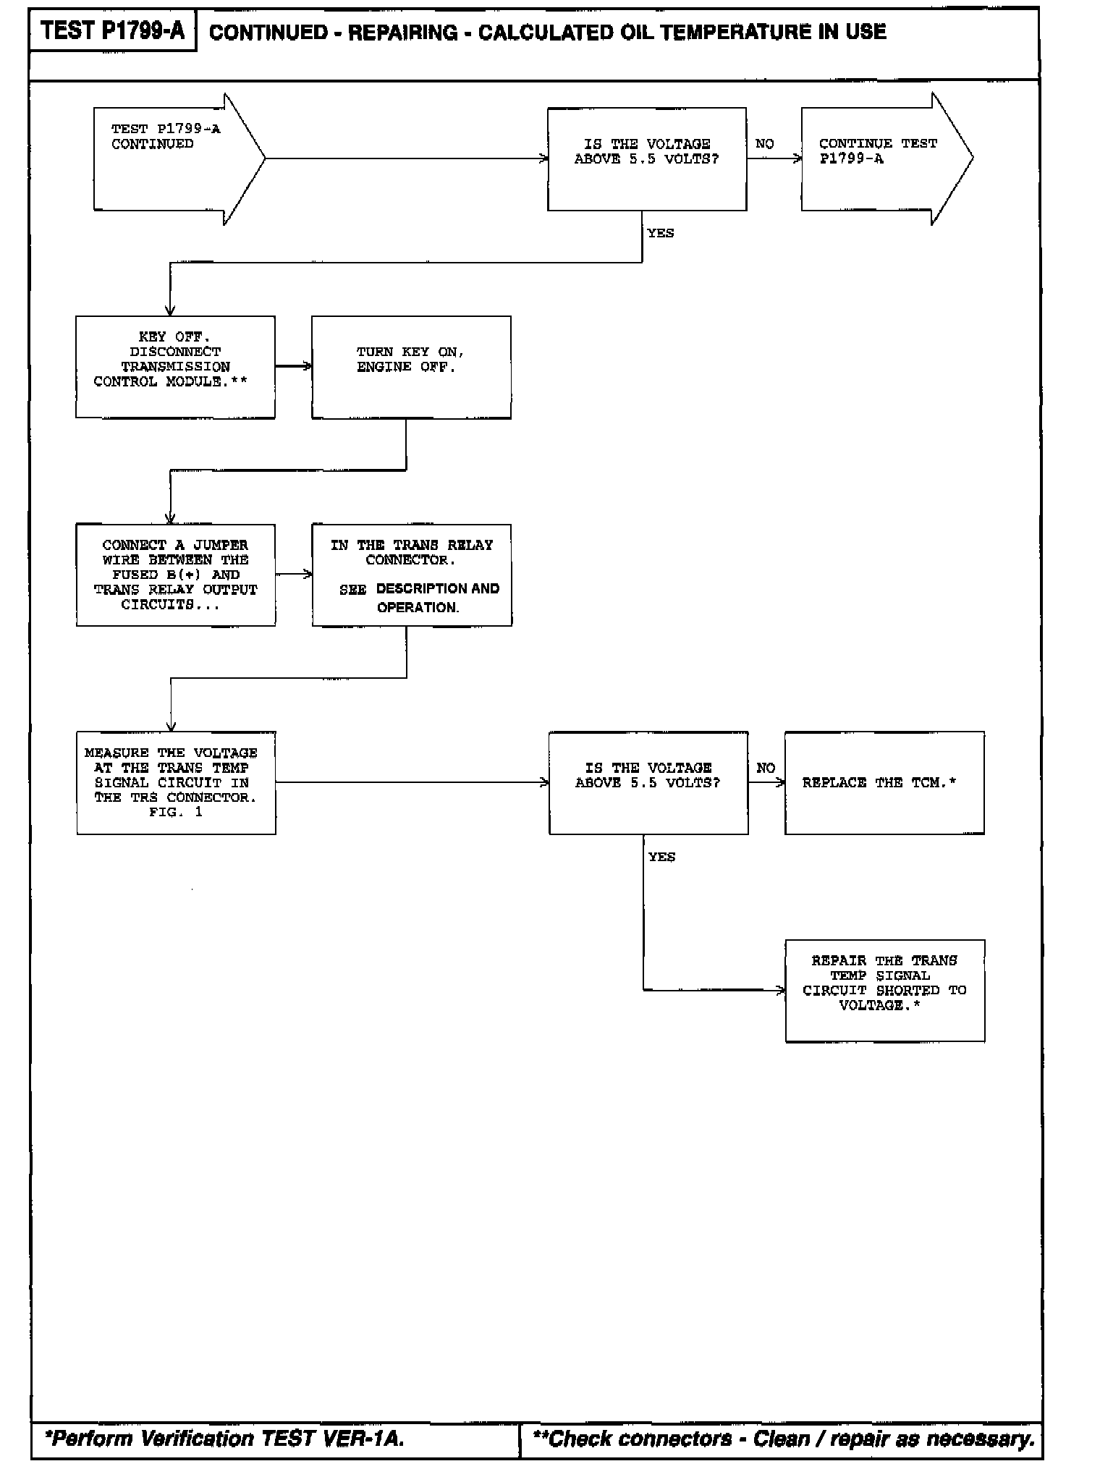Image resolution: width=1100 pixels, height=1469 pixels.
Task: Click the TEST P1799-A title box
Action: [x=112, y=31]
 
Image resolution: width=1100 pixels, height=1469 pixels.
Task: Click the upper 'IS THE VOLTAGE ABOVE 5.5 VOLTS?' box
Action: [x=646, y=159]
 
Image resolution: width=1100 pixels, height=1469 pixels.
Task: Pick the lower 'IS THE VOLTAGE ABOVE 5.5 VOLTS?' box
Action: [x=648, y=782]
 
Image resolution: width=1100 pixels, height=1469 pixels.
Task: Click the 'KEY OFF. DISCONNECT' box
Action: [x=175, y=367]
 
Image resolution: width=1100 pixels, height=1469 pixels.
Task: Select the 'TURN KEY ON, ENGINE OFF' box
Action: [x=410, y=367]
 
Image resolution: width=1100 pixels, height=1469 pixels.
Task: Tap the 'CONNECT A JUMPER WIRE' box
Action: [x=175, y=575]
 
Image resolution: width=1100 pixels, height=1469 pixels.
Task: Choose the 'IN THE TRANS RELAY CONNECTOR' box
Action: [x=411, y=575]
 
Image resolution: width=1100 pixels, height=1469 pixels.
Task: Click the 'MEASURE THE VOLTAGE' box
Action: [x=176, y=782]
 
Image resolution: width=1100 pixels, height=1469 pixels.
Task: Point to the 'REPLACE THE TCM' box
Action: [x=884, y=782]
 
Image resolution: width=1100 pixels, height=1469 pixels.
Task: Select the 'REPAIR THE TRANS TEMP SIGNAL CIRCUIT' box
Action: [x=884, y=990]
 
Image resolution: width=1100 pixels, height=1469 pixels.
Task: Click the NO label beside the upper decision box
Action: [x=764, y=144]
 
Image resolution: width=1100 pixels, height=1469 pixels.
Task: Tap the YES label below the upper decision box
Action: [x=660, y=233]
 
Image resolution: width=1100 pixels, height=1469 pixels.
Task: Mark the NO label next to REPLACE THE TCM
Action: [x=766, y=768]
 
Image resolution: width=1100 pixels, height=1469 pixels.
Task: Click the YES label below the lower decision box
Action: [x=661, y=857]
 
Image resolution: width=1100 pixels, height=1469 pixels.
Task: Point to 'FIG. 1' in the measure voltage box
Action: [x=176, y=812]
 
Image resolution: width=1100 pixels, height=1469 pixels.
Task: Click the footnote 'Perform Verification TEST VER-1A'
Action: [x=224, y=1439]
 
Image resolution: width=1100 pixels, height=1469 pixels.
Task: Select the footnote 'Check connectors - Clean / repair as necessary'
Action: [x=784, y=1439]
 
